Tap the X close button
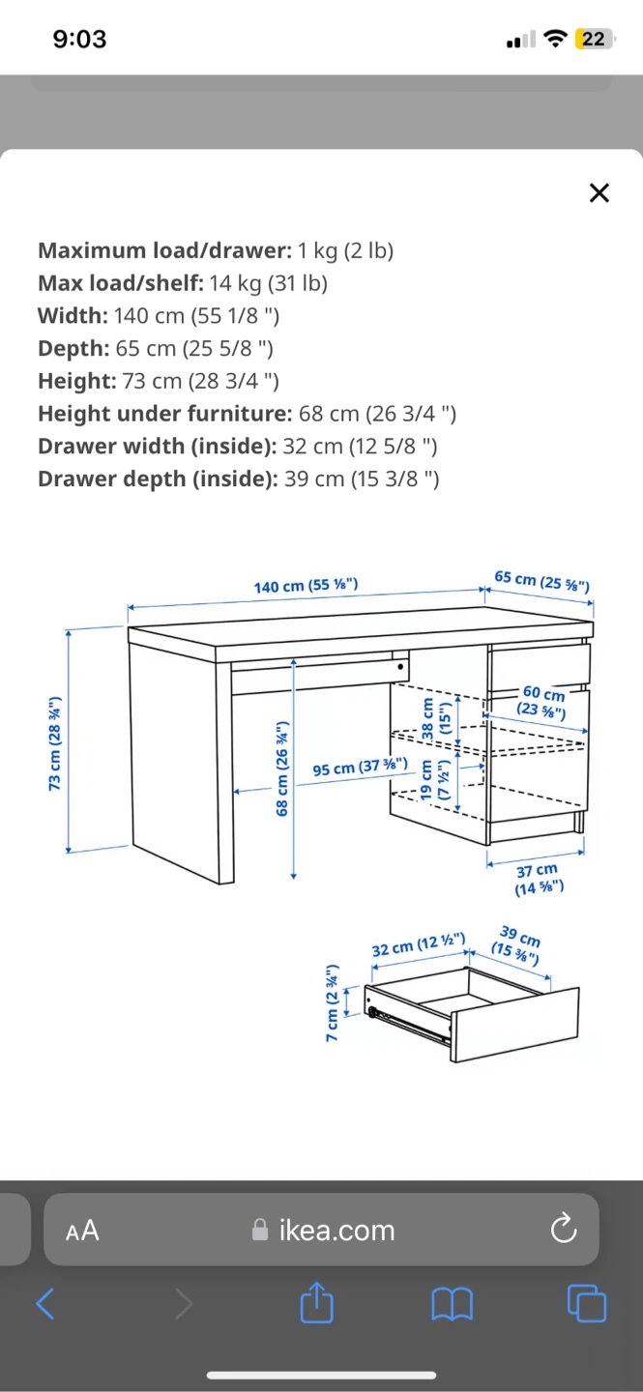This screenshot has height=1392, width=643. pos(599,192)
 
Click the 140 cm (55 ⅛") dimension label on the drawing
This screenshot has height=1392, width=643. pos(306,586)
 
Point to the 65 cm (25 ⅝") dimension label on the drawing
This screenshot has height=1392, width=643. pos(542,581)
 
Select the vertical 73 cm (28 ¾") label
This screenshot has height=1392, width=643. pos(55,743)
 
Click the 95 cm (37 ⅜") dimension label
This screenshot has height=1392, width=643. pos(360,767)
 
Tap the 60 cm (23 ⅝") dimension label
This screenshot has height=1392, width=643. pos(542,701)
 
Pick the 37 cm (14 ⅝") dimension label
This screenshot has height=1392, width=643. pos(539,879)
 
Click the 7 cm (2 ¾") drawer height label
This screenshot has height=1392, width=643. pos(333,1002)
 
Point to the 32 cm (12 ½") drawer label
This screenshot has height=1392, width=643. pos(419,944)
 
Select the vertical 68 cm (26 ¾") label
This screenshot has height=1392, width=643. pos(282,768)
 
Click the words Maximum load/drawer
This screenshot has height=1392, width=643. pos(164,250)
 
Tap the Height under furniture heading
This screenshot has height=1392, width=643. pos(164,414)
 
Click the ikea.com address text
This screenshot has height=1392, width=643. pos(336,1231)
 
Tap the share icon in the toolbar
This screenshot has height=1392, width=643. pos(317,1302)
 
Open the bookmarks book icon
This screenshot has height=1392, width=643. pos(453,1304)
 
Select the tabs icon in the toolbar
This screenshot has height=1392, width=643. pos(586,1302)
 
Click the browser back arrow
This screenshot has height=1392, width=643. pos(45,1303)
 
